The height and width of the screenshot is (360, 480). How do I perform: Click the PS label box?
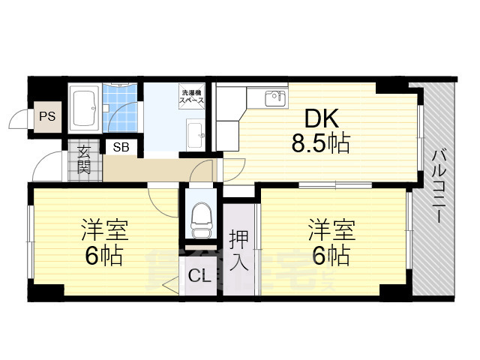pos(47,117)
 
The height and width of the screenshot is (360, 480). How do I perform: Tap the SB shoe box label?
pos(121,147)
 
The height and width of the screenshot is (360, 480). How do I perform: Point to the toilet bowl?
pos(199,217)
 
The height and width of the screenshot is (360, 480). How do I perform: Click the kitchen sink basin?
pos(275,97)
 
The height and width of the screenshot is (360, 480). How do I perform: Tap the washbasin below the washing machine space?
pos(197,135)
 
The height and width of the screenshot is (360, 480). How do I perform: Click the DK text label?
pos(321,118)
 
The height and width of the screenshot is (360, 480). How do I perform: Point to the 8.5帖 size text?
pos(320,143)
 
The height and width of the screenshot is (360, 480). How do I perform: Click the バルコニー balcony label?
pos(437,187)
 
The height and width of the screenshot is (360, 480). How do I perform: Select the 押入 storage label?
pos(238,250)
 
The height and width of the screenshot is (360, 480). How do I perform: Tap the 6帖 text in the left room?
pos(103,256)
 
